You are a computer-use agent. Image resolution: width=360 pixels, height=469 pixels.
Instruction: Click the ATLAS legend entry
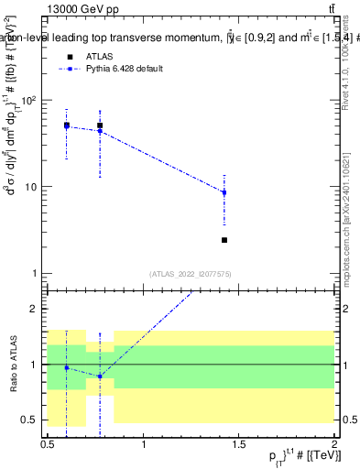tap(98, 57)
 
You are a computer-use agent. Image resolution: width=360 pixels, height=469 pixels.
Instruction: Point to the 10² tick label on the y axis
tap(30, 100)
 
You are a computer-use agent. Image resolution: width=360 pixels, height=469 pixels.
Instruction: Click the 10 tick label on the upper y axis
tap(33, 187)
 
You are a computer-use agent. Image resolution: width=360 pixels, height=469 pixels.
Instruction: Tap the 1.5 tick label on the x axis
tap(239, 444)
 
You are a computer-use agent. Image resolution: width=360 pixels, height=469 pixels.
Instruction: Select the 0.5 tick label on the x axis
tap(48, 444)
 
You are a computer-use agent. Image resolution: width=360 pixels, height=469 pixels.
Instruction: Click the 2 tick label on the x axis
tap(334, 444)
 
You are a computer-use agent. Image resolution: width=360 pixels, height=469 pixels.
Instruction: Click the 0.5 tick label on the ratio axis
tap(33, 420)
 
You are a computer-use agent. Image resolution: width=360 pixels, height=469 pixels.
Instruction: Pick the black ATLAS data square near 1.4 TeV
tap(224, 240)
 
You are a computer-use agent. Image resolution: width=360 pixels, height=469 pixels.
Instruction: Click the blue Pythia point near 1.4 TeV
tap(224, 192)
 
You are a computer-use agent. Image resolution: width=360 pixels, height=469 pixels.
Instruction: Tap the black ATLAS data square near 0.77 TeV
tap(100, 125)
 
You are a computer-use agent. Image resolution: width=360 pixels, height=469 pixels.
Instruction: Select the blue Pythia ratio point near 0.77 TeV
tap(100, 376)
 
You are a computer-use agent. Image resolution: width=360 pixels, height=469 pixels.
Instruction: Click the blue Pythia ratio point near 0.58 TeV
tap(67, 367)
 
